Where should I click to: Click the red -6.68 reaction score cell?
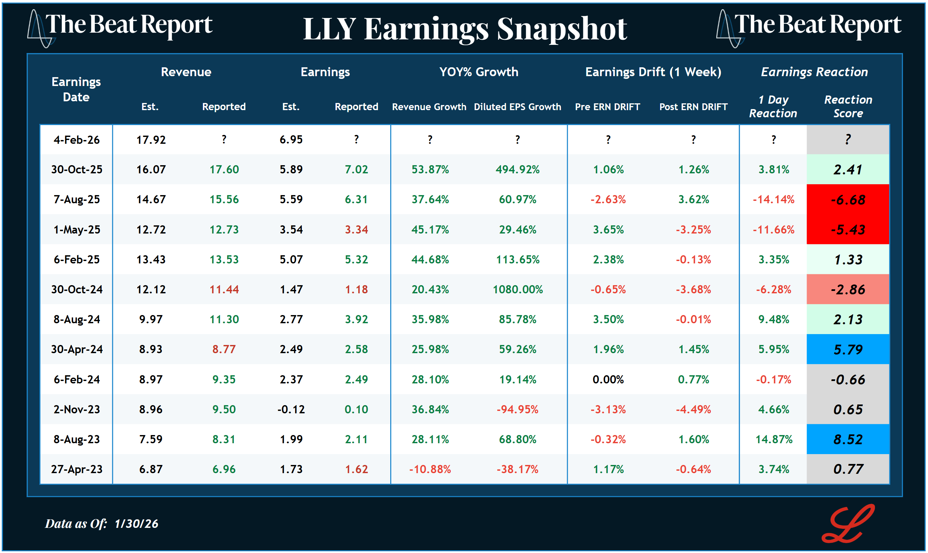847,200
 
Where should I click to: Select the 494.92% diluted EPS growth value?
517,170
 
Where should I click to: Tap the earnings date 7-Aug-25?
76,200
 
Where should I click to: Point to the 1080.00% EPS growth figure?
517,290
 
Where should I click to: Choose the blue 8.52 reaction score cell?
847,439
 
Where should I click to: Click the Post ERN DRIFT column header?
693,107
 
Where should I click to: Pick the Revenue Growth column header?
429,107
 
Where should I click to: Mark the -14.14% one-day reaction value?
773,200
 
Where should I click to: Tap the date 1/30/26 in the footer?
136,524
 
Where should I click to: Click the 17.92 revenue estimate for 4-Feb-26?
151,140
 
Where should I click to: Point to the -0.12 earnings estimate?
291,410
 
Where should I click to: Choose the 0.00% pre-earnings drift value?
608,380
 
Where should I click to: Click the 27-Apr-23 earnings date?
76,469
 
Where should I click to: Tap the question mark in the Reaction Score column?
847,140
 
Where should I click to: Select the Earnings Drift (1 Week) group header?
653,72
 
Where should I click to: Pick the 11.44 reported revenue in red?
224,290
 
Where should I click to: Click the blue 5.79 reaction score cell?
847,349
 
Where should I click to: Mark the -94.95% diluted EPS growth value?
517,410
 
